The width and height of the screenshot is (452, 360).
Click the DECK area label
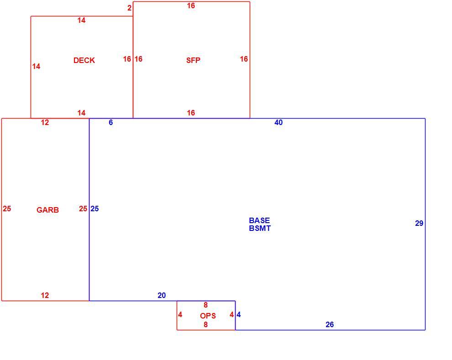[x=84, y=60]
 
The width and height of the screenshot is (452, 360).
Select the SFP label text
[x=193, y=60]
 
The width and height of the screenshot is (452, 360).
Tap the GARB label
[x=47, y=210]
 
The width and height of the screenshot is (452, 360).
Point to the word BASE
[x=259, y=220]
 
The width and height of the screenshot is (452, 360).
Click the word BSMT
[x=260, y=228]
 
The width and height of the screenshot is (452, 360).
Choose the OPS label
[x=208, y=316]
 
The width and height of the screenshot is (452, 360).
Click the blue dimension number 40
[x=279, y=122]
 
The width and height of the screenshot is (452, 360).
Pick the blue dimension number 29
[x=419, y=223]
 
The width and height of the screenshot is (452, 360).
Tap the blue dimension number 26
[x=330, y=324]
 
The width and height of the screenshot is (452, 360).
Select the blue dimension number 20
[x=162, y=295]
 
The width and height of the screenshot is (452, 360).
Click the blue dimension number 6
[x=110, y=122]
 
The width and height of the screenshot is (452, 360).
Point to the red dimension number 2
[x=129, y=8]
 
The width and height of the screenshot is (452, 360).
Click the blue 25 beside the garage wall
[x=95, y=209]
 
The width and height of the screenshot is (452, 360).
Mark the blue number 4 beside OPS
[x=239, y=314]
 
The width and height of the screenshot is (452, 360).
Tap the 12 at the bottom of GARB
[x=45, y=295]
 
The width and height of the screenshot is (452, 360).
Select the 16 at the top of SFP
[x=191, y=5]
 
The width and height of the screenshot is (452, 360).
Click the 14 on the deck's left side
[x=36, y=66]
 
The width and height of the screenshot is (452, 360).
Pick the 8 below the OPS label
[x=205, y=324]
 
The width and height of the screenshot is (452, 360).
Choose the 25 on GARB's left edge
[x=7, y=209]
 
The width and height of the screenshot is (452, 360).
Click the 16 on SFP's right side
[x=244, y=59]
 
